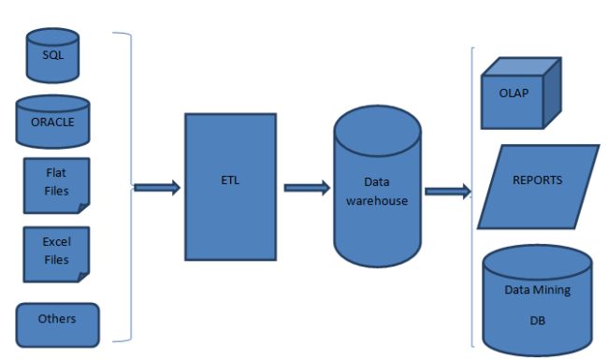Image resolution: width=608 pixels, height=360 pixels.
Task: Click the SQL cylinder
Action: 53,55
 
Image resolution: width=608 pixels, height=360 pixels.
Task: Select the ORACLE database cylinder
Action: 53,121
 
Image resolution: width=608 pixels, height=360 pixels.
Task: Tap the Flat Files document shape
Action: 55,184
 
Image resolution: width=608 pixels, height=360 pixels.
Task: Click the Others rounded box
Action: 56,321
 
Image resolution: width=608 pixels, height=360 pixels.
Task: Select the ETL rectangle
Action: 230,186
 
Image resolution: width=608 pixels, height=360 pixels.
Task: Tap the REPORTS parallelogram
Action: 538,186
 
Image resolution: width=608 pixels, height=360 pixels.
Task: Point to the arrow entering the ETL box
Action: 156,188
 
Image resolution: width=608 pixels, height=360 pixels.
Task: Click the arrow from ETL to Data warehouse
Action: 305,188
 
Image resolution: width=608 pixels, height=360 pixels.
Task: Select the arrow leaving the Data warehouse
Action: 446,192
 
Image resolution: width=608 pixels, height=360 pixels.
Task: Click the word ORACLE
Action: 53,122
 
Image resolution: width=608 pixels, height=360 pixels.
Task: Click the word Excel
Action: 57,242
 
